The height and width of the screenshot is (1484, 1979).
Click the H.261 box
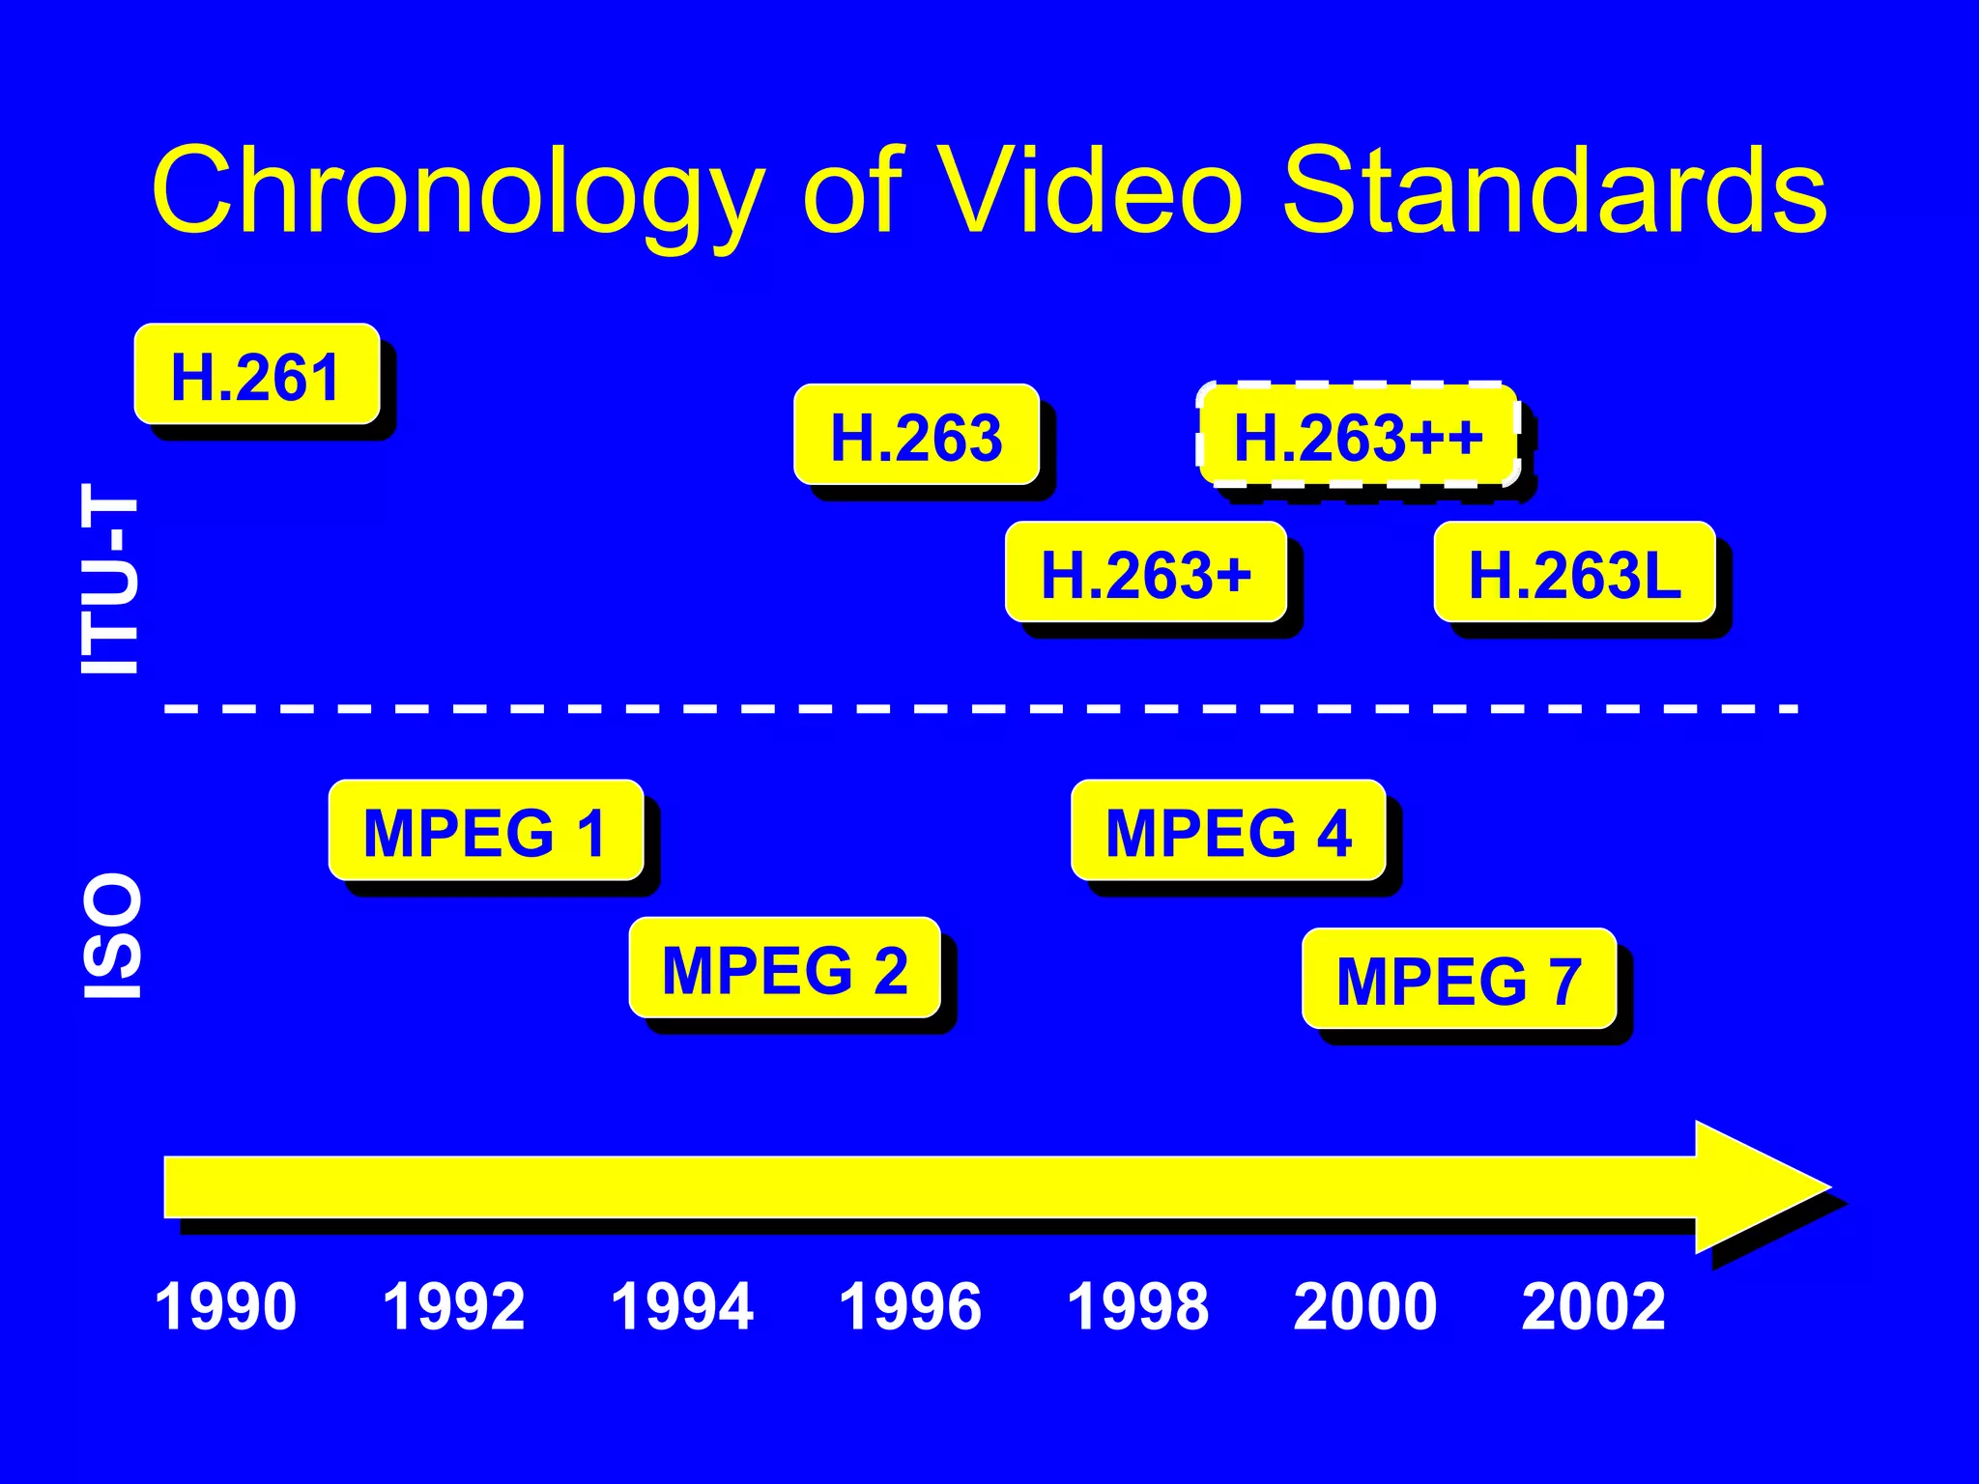[256, 375]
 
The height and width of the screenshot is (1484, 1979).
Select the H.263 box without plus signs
[916, 435]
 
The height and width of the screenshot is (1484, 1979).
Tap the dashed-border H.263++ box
[1358, 435]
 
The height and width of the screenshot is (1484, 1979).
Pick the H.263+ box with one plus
[1146, 573]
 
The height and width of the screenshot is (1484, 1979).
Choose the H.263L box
[1574, 573]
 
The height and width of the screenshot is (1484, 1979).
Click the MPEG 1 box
[485, 831]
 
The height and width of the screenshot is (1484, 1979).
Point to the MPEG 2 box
[785, 968]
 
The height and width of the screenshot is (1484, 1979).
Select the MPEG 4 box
[1228, 831]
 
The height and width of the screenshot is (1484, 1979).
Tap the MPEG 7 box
[1459, 980]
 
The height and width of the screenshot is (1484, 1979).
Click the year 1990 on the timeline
[226, 1306]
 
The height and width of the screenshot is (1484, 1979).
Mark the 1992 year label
[454, 1306]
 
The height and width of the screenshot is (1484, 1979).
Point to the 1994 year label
[682, 1306]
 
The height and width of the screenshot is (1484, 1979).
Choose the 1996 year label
[910, 1306]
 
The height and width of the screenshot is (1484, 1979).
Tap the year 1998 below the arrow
[1138, 1306]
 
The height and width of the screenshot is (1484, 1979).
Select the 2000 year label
[1365, 1306]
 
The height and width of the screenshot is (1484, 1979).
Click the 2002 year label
[1593, 1306]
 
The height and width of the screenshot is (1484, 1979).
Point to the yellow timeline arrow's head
[1759, 1186]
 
